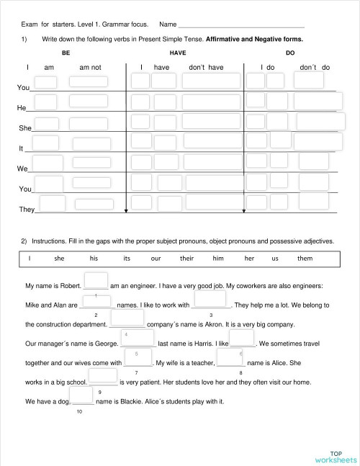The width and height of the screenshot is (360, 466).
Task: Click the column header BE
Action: pyautogui.click(x=66, y=53)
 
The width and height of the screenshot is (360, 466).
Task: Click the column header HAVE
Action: pyautogui.click(x=177, y=53)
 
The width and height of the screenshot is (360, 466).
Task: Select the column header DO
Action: pyautogui.click(x=289, y=53)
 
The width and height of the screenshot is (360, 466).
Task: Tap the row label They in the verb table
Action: pyautogui.click(x=27, y=210)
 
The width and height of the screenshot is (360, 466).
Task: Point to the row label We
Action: pyautogui.click(x=22, y=169)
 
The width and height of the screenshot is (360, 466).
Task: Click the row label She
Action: pyautogui.click(x=25, y=127)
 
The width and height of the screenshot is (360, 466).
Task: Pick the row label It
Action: pyautogui.click(x=21, y=148)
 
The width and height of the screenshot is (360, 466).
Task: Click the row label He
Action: pyautogui.click(x=22, y=107)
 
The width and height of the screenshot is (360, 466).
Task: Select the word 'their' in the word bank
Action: pyautogui.click(x=187, y=258)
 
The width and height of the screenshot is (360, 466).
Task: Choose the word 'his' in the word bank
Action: pyautogui.click(x=94, y=258)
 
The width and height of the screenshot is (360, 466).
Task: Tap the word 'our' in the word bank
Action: pyautogui.click(x=156, y=258)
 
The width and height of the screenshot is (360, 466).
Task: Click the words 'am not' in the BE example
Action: pyautogui.click(x=90, y=67)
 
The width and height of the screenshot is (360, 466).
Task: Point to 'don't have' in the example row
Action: pyautogui.click(x=206, y=67)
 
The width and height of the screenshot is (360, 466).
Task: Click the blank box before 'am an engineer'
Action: pyautogui.click(x=96, y=281)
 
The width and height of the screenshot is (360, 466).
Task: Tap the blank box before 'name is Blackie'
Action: pyautogui.click(x=81, y=395)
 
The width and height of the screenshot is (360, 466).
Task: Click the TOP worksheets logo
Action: pyautogui.click(x=335, y=455)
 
